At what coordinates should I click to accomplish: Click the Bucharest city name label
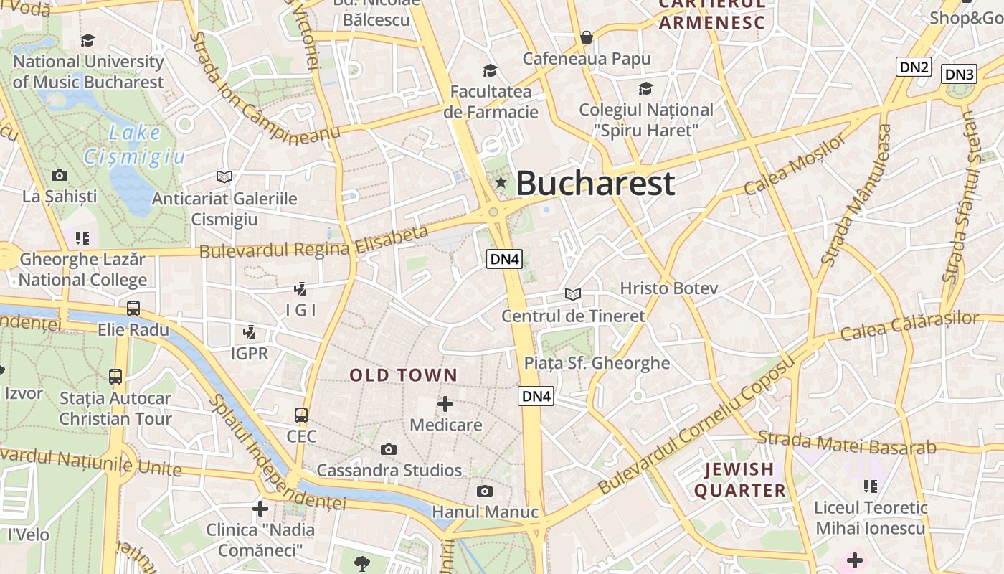(595, 183)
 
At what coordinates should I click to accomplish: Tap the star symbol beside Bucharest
(501, 184)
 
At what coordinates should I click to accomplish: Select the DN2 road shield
(914, 67)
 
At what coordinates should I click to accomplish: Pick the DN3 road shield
(959, 74)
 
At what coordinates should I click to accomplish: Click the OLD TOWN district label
(403, 375)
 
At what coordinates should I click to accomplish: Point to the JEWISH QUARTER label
(740, 480)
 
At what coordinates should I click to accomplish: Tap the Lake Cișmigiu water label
(134, 144)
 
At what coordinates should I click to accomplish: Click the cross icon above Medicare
(445, 403)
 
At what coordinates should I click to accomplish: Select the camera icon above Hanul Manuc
(485, 491)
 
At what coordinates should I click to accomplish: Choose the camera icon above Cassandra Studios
(389, 450)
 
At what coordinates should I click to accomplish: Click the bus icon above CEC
(301, 415)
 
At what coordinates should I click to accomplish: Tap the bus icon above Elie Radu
(133, 309)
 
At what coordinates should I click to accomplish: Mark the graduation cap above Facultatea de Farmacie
(491, 70)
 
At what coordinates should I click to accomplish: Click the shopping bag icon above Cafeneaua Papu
(587, 37)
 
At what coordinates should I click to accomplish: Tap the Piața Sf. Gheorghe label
(597, 363)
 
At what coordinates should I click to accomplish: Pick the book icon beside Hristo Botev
(572, 294)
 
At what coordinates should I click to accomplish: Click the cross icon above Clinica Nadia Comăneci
(260, 509)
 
